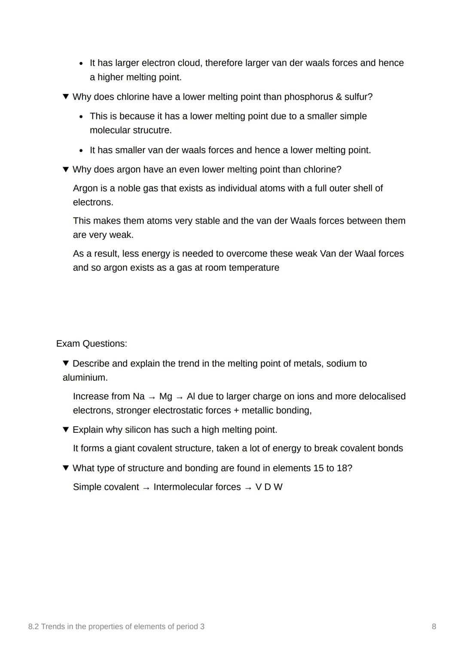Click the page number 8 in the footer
(433, 626)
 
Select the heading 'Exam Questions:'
(92, 343)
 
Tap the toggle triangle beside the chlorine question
(66, 97)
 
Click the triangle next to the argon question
(66, 169)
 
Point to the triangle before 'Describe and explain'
(66, 363)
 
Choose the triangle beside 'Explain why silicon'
(66, 429)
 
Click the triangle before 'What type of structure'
(66, 468)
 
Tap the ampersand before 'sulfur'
(339, 97)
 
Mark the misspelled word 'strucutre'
(152, 130)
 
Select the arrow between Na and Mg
(152, 397)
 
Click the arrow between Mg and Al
(180, 397)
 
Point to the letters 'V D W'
(269, 487)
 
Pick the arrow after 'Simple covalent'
(146, 488)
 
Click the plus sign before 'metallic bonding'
(236, 410)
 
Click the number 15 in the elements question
(318, 468)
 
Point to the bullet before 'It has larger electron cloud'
(81, 64)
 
